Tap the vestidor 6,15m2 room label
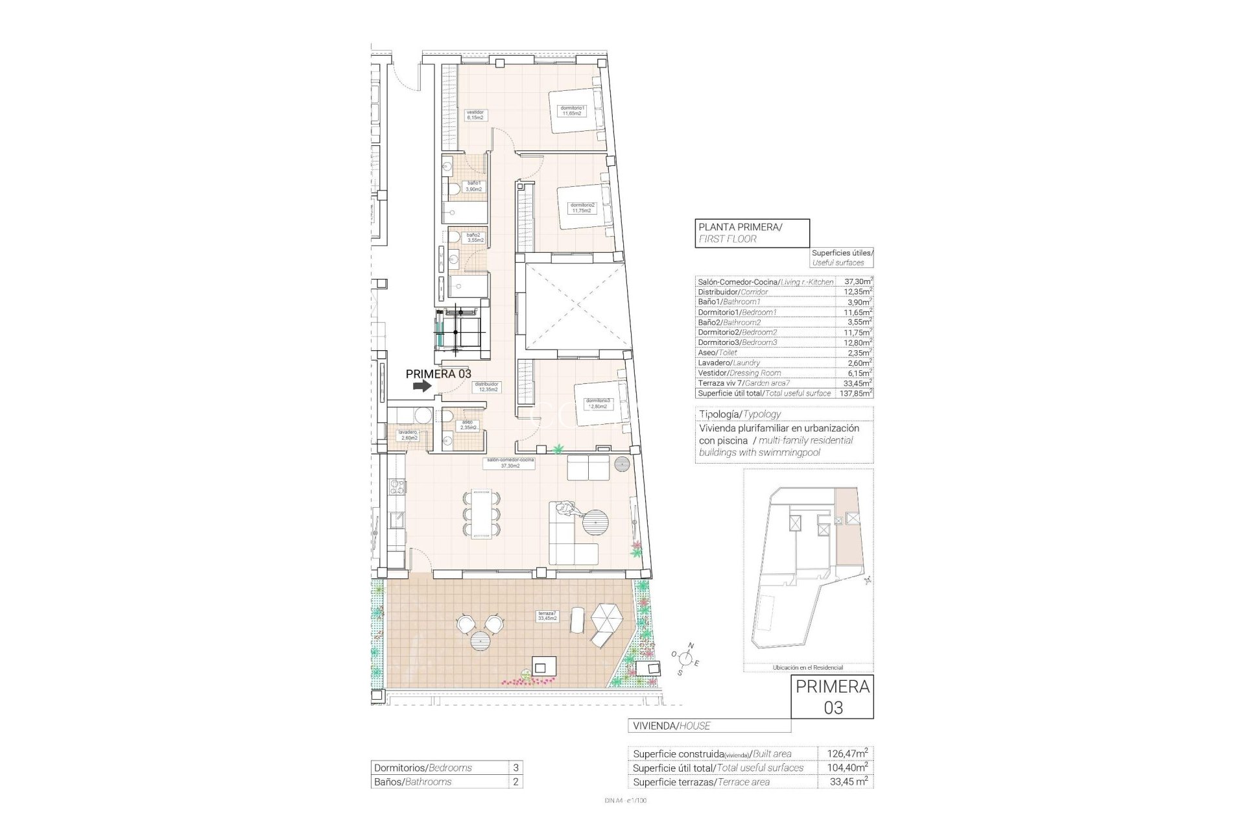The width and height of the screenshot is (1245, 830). [x=475, y=115]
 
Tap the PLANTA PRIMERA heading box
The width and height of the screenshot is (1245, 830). [x=752, y=232]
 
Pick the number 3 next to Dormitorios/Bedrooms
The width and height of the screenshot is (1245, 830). [x=516, y=768]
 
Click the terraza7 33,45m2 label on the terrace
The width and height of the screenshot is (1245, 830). [x=547, y=615]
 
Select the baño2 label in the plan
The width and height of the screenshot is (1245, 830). [x=474, y=237]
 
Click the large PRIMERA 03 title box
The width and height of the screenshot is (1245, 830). [x=833, y=697]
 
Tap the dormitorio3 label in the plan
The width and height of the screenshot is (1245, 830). [x=597, y=403]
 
